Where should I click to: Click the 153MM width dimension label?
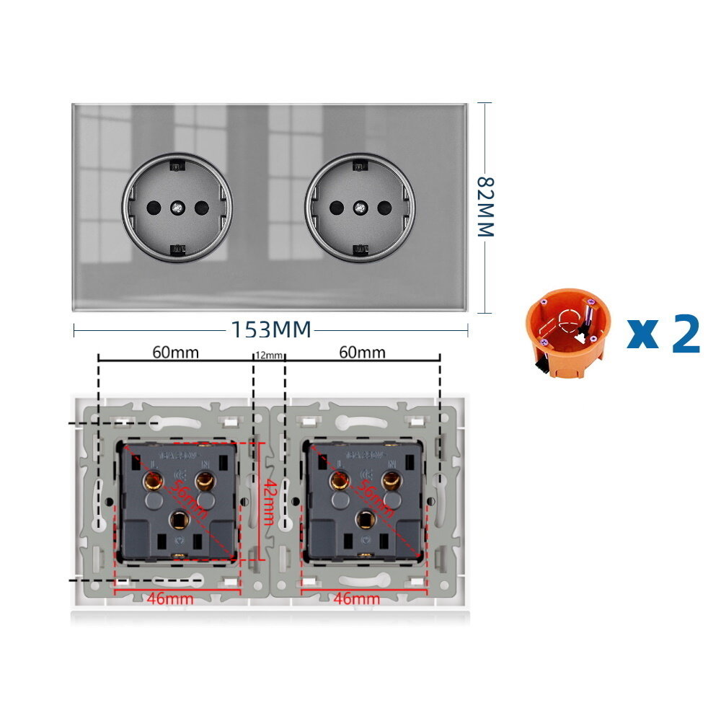[270, 329]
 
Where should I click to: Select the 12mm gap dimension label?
[270, 355]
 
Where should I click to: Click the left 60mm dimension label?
[175, 353]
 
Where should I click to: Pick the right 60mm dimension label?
[362, 353]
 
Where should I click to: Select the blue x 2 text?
[664, 333]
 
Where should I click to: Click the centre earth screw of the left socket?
[177, 208]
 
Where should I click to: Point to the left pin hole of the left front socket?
[154, 208]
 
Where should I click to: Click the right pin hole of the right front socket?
[383, 208]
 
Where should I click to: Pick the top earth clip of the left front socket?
[177, 167]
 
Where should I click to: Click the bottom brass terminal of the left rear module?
[177, 518]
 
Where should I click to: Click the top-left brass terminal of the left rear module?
[154, 480]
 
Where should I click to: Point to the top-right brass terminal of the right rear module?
[392, 480]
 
